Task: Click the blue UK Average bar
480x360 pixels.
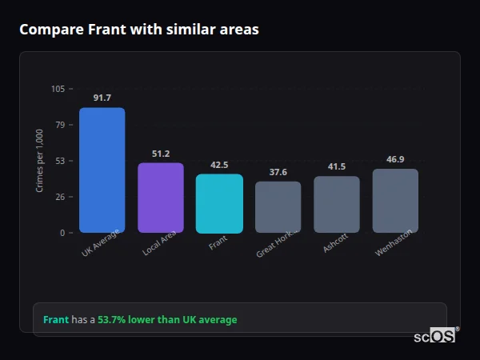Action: pyautogui.click(x=102, y=170)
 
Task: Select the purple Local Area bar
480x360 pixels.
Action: pyautogui.click(x=161, y=198)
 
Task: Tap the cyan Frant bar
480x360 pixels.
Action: pyautogui.click(x=219, y=204)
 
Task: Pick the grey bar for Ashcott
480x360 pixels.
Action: pyautogui.click(x=337, y=205)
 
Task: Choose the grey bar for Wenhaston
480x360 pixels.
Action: pyautogui.click(x=395, y=201)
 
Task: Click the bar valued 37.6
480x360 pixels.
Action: pyautogui.click(x=278, y=207)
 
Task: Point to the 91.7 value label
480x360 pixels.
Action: pyautogui.click(x=102, y=98)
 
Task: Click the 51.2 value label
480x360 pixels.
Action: pyautogui.click(x=161, y=154)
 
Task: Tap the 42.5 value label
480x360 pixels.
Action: pyautogui.click(x=219, y=165)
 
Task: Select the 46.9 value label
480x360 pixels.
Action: pyautogui.click(x=395, y=159)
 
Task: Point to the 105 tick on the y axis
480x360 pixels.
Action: pyautogui.click(x=58, y=89)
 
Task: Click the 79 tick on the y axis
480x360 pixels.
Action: pyautogui.click(x=61, y=125)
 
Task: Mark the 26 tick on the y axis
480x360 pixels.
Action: pyautogui.click(x=61, y=197)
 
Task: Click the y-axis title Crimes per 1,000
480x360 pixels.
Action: pyautogui.click(x=39, y=160)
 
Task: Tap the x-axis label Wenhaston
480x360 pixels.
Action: pyautogui.click(x=393, y=244)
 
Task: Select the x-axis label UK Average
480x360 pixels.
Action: pyautogui.click(x=100, y=243)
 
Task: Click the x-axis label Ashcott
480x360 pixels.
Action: pyautogui.click(x=335, y=243)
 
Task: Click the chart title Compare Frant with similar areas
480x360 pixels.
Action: pyautogui.click(x=138, y=30)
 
